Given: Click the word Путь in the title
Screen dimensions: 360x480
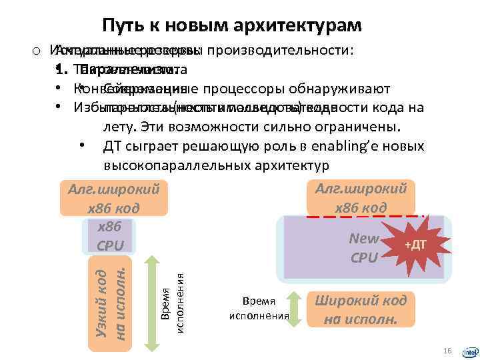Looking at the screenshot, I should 121,25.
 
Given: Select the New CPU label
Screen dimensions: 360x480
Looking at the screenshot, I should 364,247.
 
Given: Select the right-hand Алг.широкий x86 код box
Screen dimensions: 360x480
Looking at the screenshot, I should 361,198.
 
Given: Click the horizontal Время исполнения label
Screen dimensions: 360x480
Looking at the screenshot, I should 259,309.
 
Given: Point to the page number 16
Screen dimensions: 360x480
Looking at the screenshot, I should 447,351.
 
